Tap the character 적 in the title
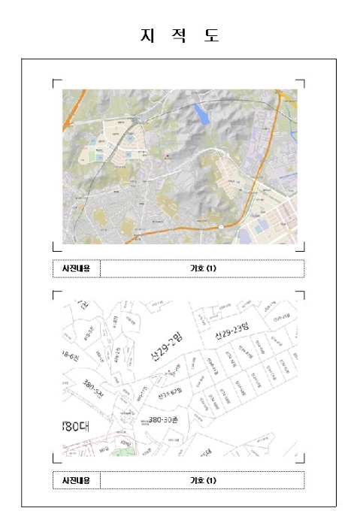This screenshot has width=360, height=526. (180, 36)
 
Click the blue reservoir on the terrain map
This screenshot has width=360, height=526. (201, 115)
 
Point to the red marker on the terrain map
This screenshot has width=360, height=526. (167, 156)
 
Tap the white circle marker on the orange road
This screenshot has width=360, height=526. (221, 227)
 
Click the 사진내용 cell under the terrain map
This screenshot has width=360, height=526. (76, 268)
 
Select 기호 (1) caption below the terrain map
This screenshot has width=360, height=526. (202, 268)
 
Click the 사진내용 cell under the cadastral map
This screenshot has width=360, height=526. (76, 480)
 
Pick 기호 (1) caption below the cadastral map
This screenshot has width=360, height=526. (202, 480)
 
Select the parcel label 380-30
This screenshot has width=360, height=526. (162, 419)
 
